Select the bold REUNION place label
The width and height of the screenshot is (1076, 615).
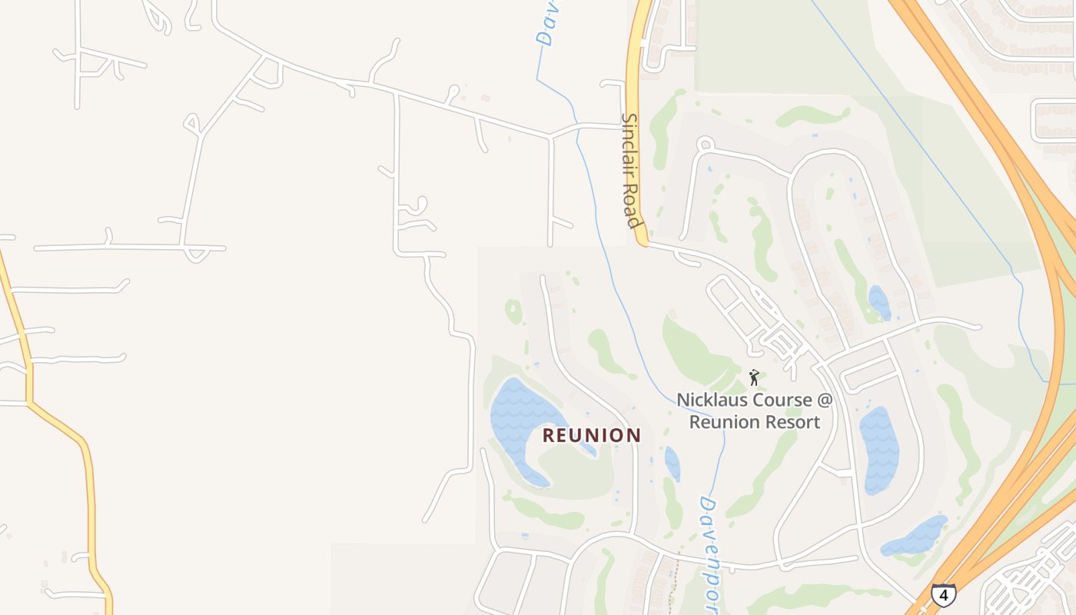point(592,435)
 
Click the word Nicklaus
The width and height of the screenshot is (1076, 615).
point(712,400)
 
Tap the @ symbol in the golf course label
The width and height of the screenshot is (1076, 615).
point(824,400)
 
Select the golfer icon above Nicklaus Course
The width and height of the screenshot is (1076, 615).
point(754,377)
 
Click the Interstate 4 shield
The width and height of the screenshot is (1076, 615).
point(943,594)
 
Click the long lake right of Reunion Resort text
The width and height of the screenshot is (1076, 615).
point(878,450)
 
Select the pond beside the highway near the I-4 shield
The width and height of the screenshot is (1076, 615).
point(915,537)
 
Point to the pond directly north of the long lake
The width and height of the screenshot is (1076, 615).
point(878,303)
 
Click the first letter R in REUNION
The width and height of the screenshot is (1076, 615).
point(548,435)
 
